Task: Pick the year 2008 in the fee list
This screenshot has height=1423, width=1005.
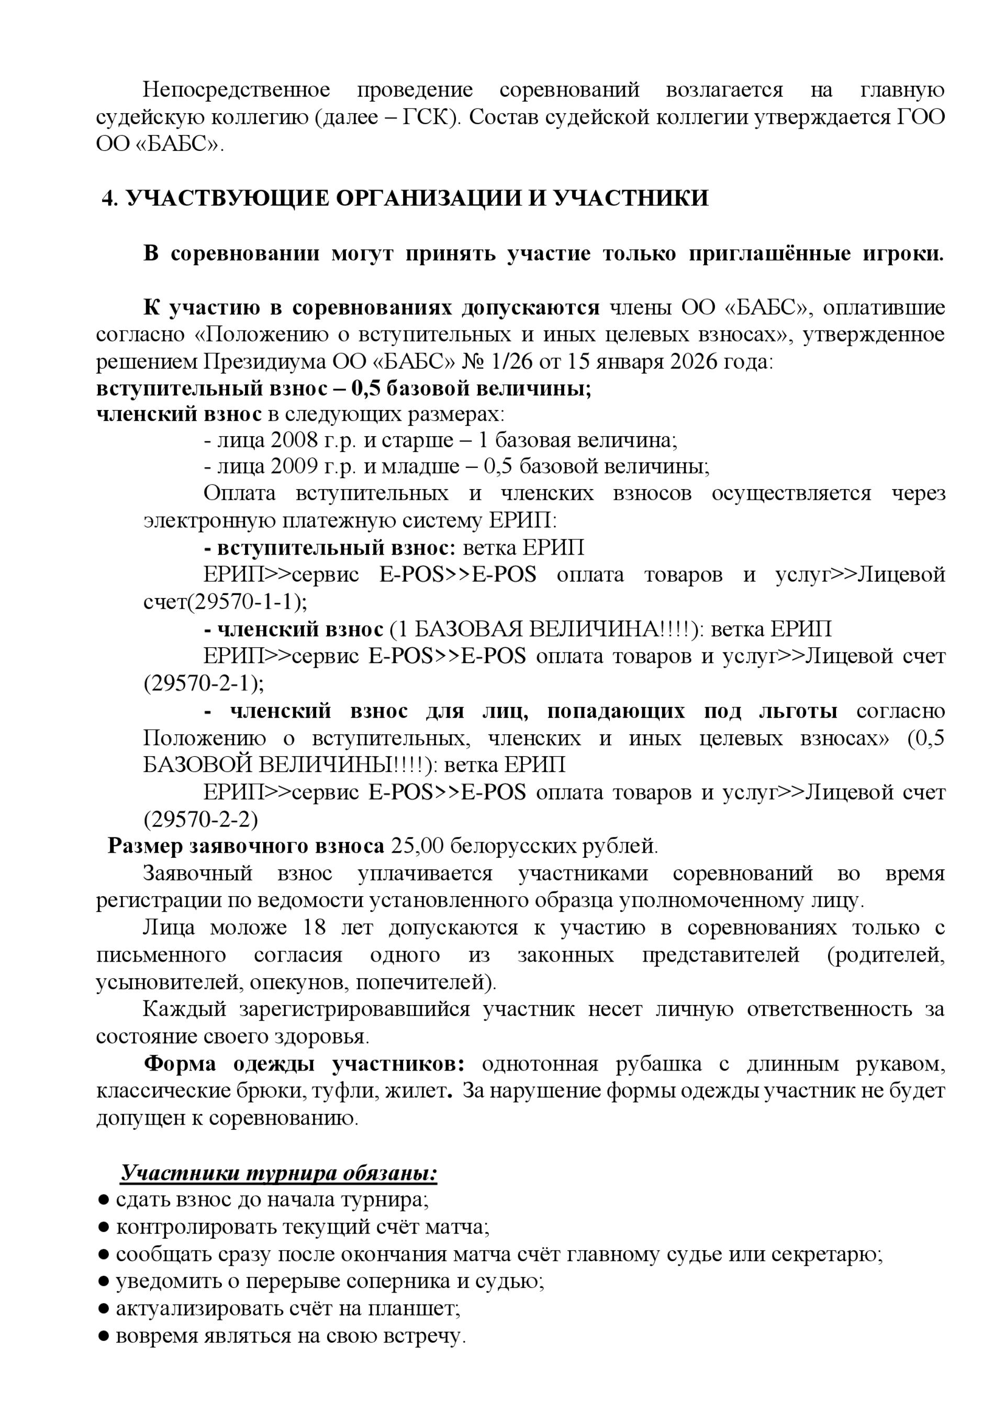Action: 294,440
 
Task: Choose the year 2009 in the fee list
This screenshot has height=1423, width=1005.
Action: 294,467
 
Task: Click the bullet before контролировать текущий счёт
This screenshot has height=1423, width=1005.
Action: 104,1228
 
